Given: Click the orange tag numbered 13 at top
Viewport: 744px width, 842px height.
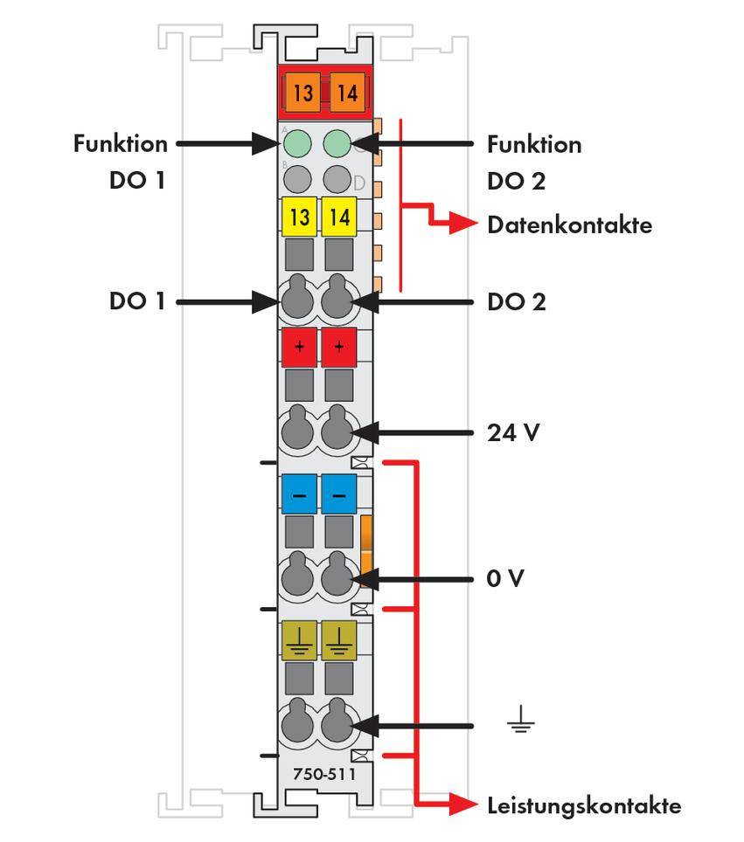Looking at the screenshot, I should tap(302, 93).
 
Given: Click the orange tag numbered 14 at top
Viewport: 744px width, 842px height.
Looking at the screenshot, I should tap(347, 93).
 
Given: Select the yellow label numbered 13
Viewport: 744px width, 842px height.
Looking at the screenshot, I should tap(299, 217).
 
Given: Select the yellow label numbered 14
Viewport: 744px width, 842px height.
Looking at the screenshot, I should tap(339, 217).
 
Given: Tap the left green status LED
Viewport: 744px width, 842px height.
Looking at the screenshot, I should tap(297, 143).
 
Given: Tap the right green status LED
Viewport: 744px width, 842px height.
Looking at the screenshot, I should tap(337, 143).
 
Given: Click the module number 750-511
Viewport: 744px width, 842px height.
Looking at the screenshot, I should tap(319, 774).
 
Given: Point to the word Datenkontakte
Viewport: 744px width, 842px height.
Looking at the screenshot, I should tap(569, 225).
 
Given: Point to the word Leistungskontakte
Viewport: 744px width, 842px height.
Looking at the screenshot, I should tap(583, 805).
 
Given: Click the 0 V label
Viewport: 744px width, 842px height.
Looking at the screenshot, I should tap(505, 578).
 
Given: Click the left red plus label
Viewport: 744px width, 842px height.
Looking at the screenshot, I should tap(299, 348).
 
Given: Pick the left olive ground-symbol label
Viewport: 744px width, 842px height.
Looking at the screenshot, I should tap(299, 640).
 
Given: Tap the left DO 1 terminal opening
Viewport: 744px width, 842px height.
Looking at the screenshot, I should tap(297, 301).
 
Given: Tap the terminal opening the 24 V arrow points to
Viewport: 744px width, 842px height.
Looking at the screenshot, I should tap(337, 431).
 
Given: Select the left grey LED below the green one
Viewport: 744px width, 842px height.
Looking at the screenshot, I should tap(297, 179).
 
